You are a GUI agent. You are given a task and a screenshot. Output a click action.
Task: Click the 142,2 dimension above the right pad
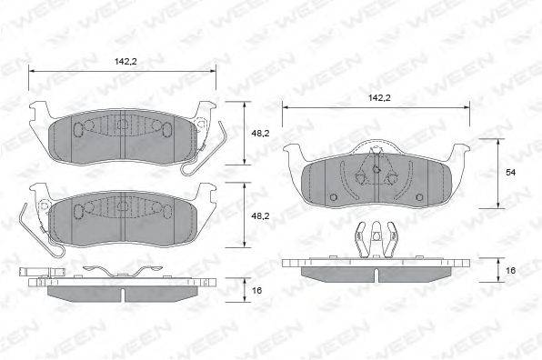pyautogui.click(x=375, y=96)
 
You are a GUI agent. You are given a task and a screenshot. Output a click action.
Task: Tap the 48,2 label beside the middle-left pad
pyautogui.click(x=259, y=215)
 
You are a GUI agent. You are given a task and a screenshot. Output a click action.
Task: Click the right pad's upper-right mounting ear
pyautogui.click(x=459, y=151)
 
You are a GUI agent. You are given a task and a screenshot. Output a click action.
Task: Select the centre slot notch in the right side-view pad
pyautogui.click(x=375, y=273)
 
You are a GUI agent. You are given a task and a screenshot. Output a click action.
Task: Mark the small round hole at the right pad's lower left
pyautogui.click(x=334, y=195)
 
